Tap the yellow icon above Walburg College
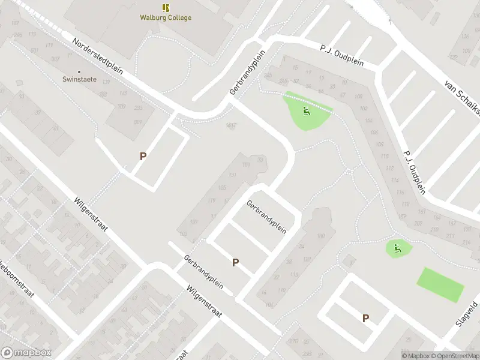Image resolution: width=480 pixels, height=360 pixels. point(166,7)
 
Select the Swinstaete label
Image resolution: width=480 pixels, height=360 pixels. point(79,79)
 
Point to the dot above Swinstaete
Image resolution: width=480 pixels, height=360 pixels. point(79,71)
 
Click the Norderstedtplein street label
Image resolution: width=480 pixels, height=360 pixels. point(97,57)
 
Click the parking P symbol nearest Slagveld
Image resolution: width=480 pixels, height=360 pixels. point(365,319)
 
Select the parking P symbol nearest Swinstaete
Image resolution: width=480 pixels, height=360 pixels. point(143,156)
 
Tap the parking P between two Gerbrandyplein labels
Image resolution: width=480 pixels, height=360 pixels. point(235,262)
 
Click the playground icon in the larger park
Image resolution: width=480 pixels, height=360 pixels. point(306,110)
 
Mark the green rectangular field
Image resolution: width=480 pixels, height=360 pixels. point(441,284)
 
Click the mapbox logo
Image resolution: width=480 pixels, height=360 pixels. point(26,353)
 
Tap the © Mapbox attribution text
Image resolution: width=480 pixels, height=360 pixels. point(415,356)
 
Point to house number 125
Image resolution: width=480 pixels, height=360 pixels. point(223,188)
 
